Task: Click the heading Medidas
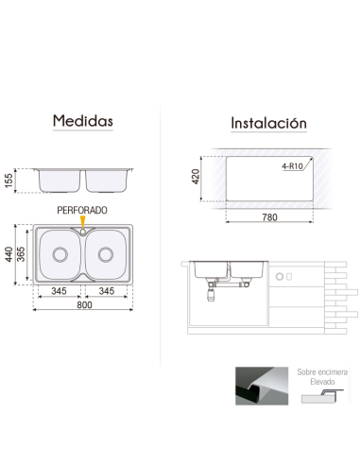(x=83, y=122)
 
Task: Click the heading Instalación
(x=269, y=123)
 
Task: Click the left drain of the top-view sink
(x=59, y=253)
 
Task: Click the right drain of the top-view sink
(x=105, y=253)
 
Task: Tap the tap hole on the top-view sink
(x=82, y=228)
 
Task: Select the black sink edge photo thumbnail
(x=257, y=387)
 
